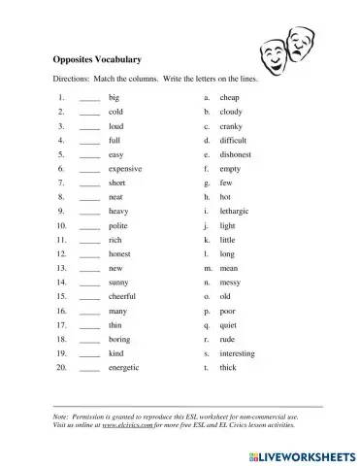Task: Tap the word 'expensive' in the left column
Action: (125, 168)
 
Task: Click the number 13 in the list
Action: (61, 268)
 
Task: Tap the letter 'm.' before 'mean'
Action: (207, 268)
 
